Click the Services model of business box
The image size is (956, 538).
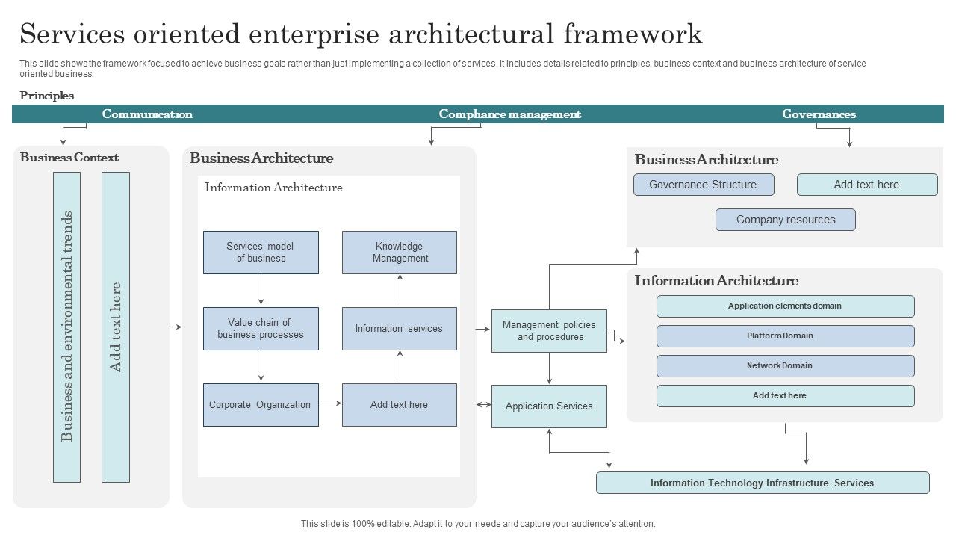(x=261, y=253)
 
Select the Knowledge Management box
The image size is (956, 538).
(x=400, y=253)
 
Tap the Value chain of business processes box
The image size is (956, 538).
(x=261, y=329)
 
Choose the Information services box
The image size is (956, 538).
(x=400, y=329)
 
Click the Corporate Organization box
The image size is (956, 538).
(x=261, y=405)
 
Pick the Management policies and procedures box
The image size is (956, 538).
(x=549, y=331)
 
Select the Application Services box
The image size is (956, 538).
(x=549, y=406)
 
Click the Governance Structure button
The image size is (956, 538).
(x=704, y=185)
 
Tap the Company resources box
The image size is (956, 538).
(x=786, y=220)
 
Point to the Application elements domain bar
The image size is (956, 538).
(x=785, y=306)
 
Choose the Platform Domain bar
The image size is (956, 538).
(x=785, y=336)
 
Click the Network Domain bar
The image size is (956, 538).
(x=785, y=365)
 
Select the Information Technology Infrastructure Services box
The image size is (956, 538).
(x=763, y=483)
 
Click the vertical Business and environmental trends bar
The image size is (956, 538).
(x=66, y=327)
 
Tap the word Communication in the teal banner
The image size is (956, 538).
(x=147, y=114)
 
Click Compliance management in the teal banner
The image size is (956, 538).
(x=509, y=114)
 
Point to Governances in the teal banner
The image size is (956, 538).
(x=819, y=114)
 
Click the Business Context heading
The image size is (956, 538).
(x=69, y=158)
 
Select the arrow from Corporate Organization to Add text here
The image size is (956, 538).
(x=330, y=403)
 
